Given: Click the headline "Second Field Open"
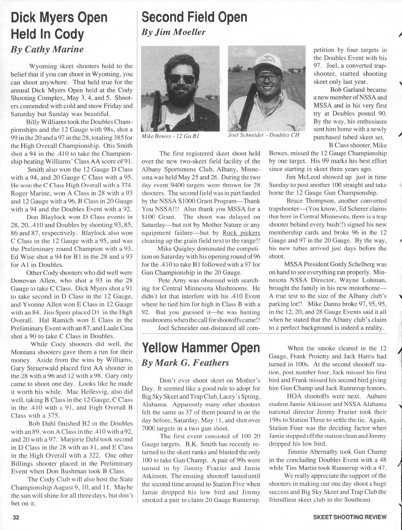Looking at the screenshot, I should [194, 17].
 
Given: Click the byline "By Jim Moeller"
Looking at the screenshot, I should [174, 32].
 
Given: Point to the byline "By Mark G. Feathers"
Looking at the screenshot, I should [185, 363].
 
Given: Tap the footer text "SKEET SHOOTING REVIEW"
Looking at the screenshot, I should [350, 517].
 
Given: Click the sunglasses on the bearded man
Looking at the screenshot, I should [182, 79].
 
